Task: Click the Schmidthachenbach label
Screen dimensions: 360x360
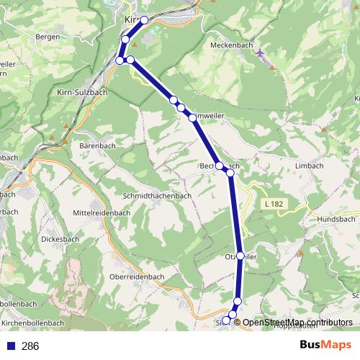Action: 157,195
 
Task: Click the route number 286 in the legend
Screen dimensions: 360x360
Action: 30,346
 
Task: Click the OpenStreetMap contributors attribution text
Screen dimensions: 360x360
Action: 298,322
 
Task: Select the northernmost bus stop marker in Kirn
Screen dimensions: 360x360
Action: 145,20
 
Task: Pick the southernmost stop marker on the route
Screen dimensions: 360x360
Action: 227,320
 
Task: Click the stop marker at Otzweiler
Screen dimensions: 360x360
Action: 240,256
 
